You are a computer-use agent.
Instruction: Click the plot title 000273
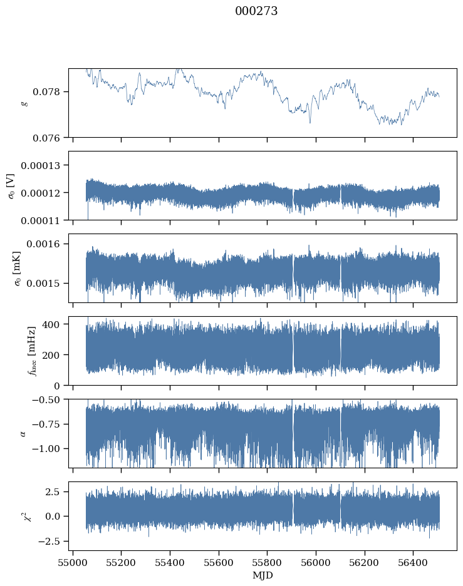point(256,11)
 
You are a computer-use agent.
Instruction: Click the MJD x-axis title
point(263,575)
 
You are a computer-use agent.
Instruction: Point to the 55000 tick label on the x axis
point(73,562)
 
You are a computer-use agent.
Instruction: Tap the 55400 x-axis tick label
point(170,562)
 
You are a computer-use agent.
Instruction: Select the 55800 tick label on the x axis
point(267,562)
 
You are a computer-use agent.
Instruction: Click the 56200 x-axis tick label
point(364,562)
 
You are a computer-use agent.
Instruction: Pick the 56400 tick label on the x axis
point(413,562)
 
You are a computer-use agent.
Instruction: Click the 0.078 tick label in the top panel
point(46,92)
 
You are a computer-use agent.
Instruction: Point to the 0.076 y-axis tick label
point(46,138)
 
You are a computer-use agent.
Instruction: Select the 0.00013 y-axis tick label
point(40,165)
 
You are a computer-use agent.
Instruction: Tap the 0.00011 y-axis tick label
point(40,221)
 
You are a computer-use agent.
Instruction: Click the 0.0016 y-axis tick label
point(43,244)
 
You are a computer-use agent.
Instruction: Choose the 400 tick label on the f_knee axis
point(51,324)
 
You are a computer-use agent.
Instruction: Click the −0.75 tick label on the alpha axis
point(46,424)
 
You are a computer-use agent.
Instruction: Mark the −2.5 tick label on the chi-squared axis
point(49,541)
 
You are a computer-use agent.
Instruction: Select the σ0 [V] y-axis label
point(11,186)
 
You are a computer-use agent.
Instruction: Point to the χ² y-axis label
point(27,516)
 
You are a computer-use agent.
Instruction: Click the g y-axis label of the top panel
point(24,103)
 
